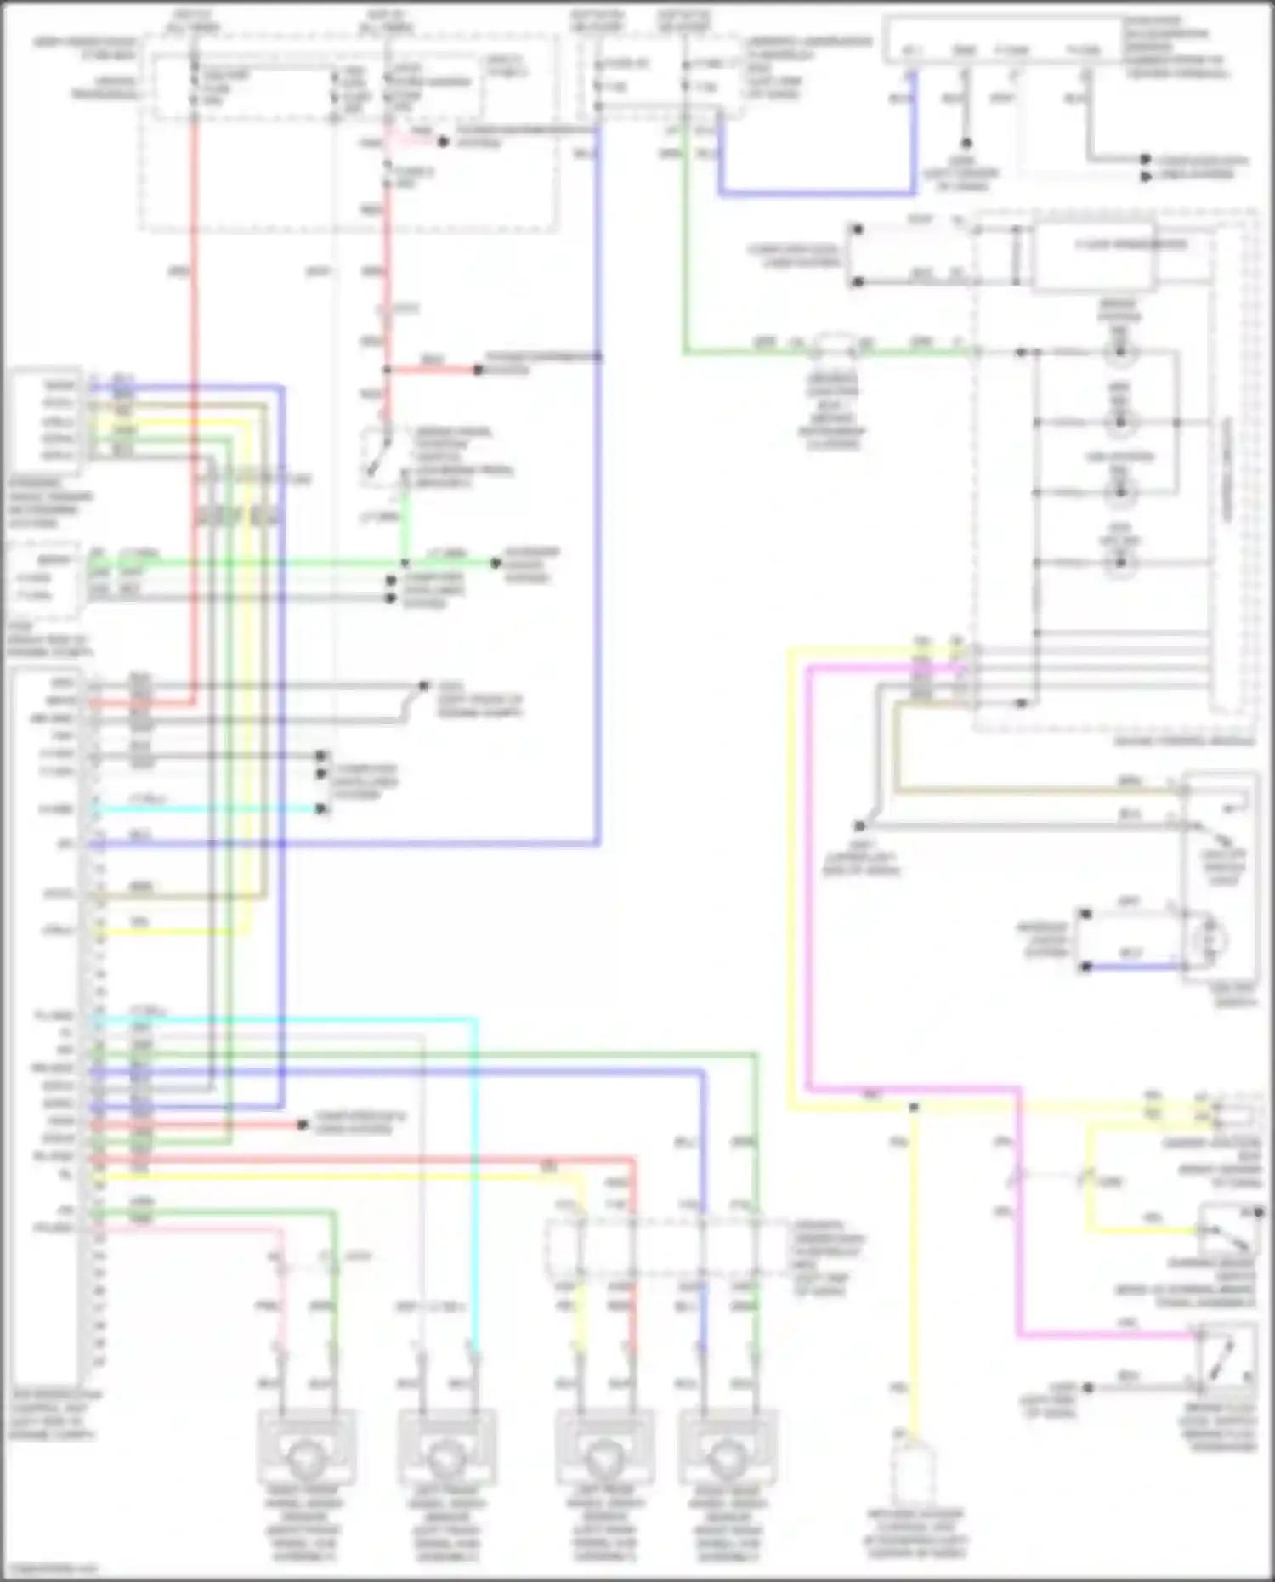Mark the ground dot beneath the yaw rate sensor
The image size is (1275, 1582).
[x=965, y=144]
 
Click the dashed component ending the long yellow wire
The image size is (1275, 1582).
[x=915, y=1480]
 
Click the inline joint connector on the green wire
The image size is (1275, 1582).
[x=833, y=346]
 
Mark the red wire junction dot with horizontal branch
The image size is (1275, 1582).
[x=387, y=370]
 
